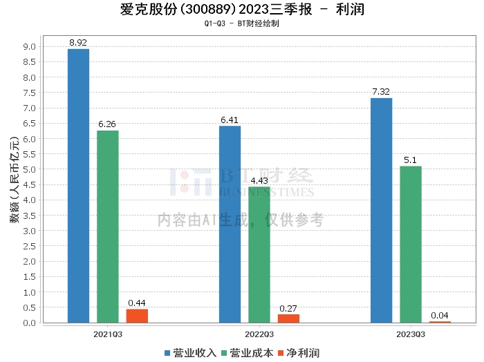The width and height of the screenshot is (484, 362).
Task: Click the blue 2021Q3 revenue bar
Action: [x=79, y=186]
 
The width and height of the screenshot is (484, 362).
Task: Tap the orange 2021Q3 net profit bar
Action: [x=137, y=316]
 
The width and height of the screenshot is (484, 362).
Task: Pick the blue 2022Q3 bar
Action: [x=230, y=224]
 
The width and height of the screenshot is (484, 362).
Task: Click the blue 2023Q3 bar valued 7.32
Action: [x=382, y=210]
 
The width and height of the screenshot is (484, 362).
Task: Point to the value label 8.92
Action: [x=79, y=43]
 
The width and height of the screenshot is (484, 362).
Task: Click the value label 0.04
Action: [x=440, y=316]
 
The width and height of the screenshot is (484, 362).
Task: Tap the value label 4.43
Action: [x=259, y=181]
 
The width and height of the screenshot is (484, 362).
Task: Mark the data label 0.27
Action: [x=288, y=309]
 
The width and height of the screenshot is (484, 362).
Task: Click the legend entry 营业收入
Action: [x=191, y=352]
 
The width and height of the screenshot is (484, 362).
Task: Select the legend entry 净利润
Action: [x=298, y=352]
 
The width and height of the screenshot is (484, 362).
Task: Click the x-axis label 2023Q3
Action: [x=411, y=333]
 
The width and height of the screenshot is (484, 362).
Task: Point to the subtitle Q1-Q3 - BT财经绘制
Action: [x=242, y=23]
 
